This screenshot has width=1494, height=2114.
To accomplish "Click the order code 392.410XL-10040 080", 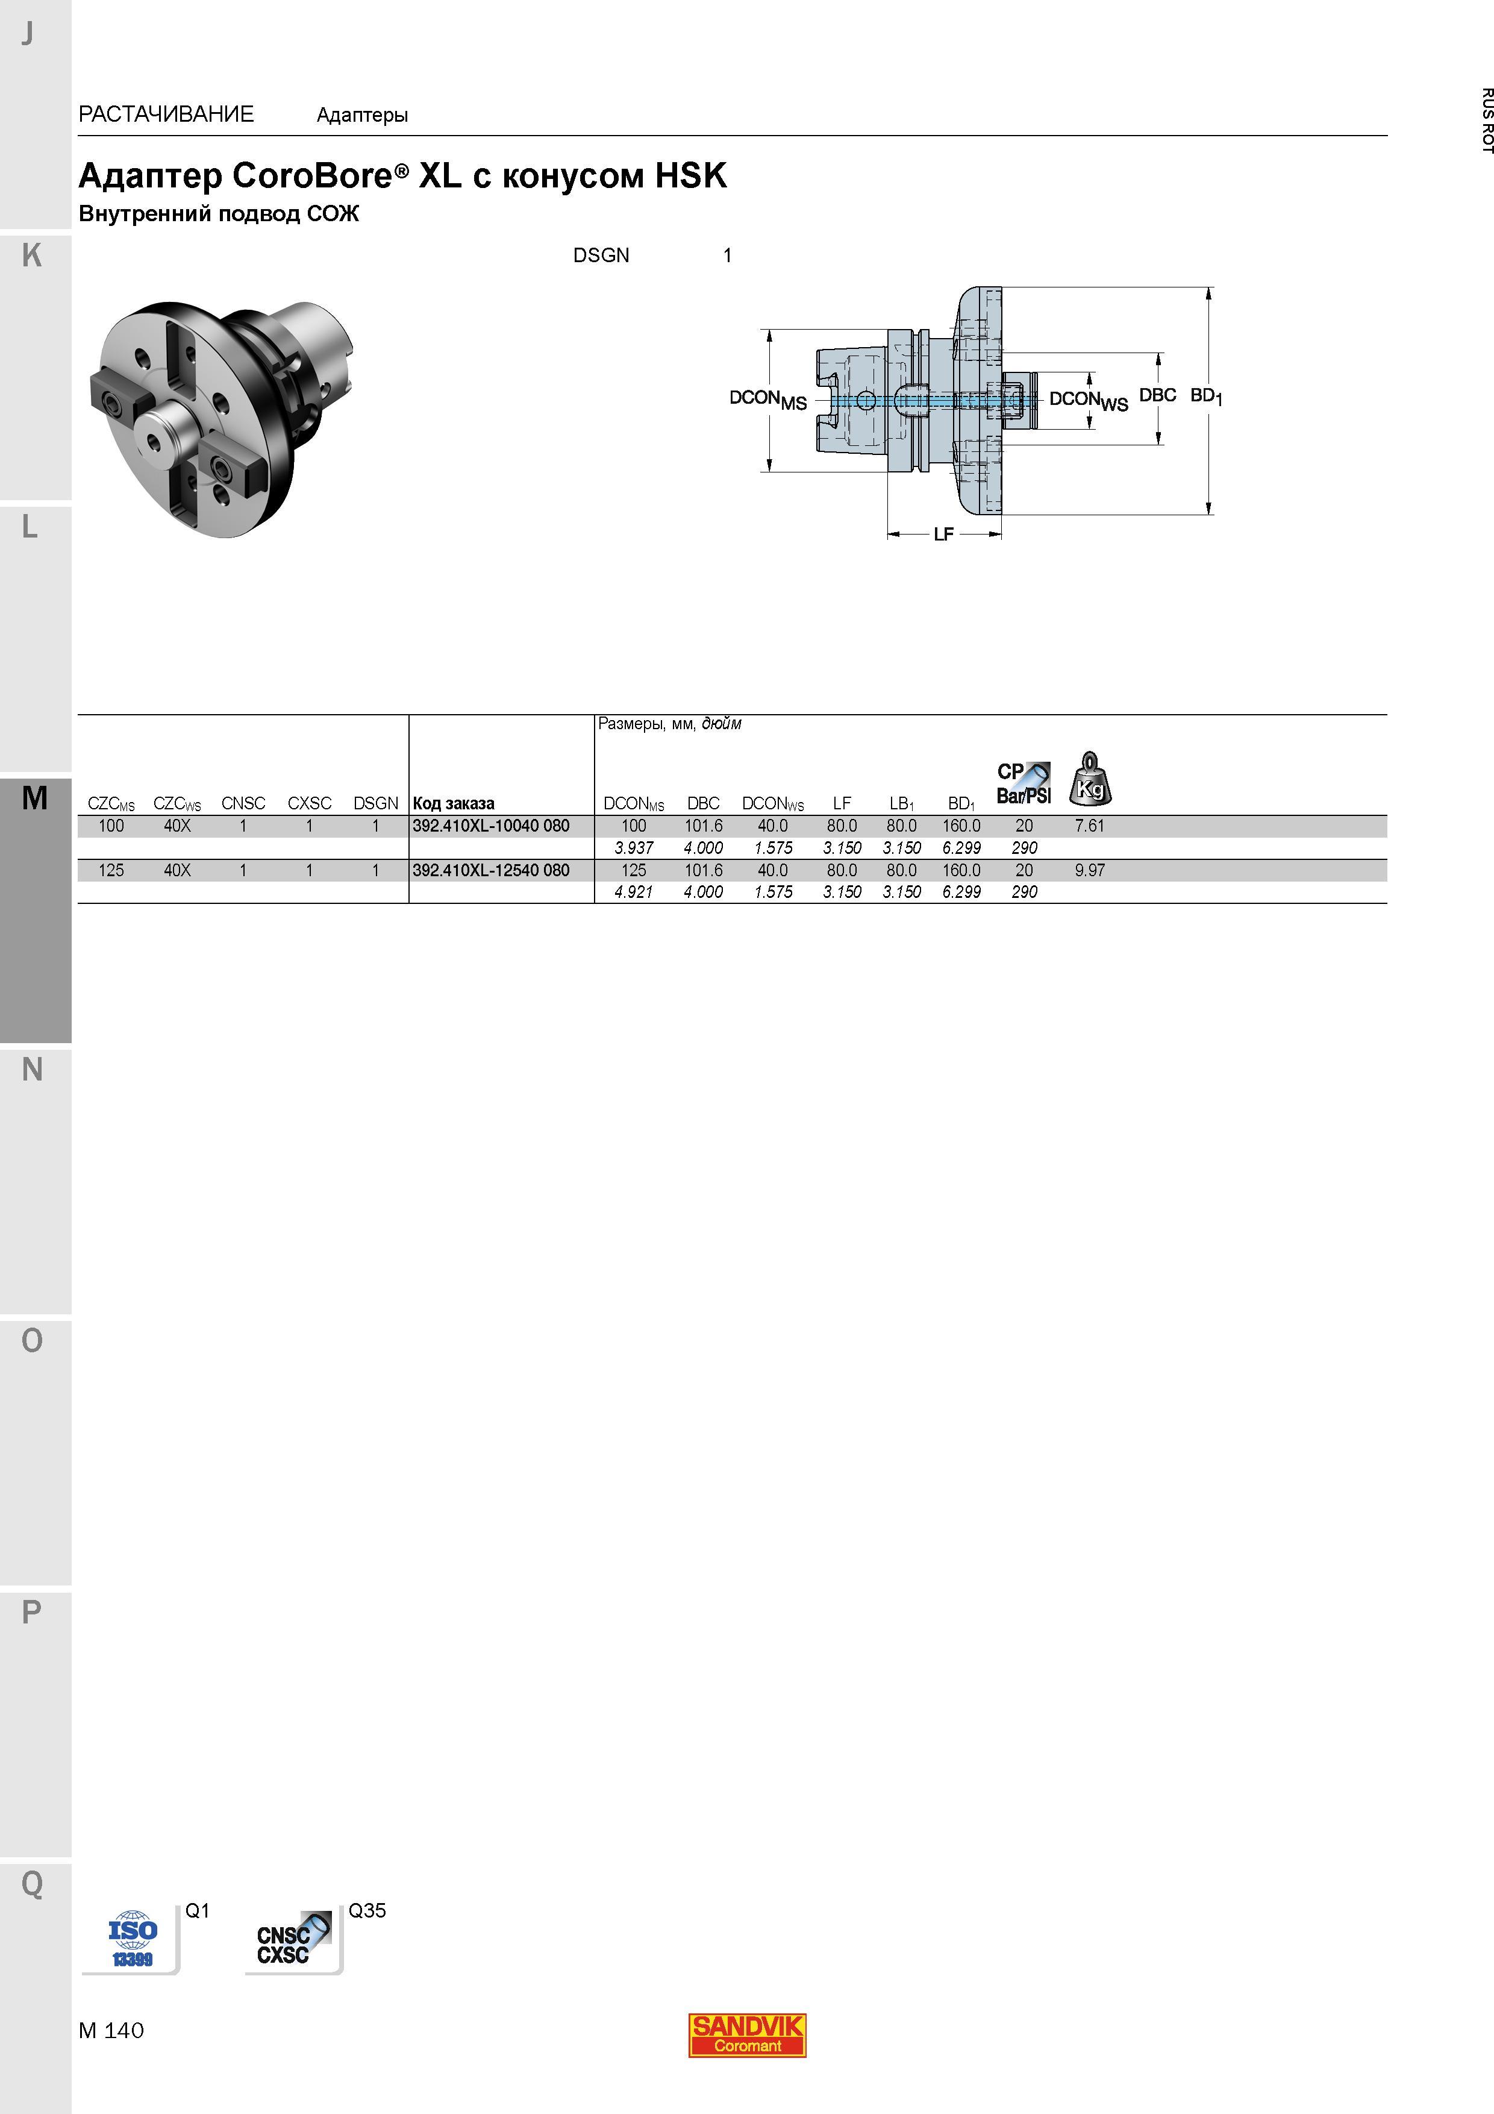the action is click(x=490, y=826).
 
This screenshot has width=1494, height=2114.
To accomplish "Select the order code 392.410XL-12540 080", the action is click(x=490, y=870).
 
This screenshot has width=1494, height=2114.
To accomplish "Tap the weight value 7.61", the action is click(x=1089, y=826).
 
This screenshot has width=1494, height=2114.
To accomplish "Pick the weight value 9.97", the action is click(x=1089, y=870).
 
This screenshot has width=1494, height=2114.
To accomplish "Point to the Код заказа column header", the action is click(x=454, y=804).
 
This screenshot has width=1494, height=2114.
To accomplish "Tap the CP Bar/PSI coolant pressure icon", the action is click(x=1024, y=783).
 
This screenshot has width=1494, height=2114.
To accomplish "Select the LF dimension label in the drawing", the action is click(x=943, y=534).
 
